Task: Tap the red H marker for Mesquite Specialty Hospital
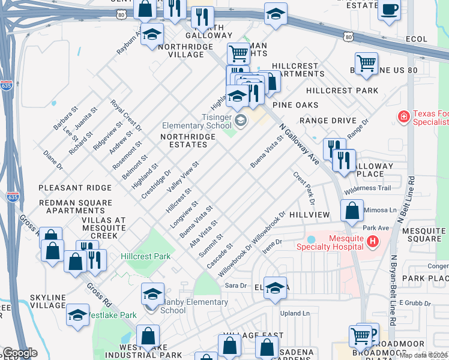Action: pyautogui.click(x=373, y=242)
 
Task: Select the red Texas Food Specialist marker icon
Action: pyautogui.click(x=405, y=115)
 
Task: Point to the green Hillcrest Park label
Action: pyautogui.click(x=146, y=256)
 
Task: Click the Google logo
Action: pyautogui.click(x=20, y=352)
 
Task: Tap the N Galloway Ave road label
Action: pyautogui.click(x=298, y=144)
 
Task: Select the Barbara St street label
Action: pyautogui.click(x=65, y=119)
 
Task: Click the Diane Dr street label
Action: pyautogui.click(x=53, y=160)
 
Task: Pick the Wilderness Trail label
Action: pyautogui.click(x=368, y=188)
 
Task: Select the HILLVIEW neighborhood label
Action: pyautogui.click(x=309, y=215)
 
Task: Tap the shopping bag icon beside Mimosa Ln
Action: pyautogui.click(x=352, y=211)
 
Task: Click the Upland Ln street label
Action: pyautogui.click(x=297, y=313)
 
